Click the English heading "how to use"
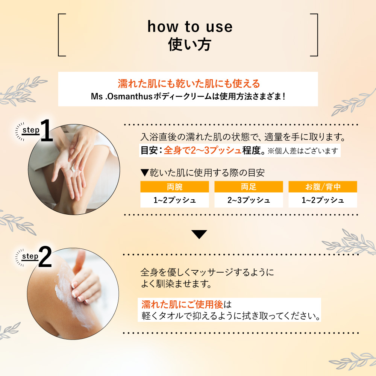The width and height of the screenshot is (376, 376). tap(190, 26)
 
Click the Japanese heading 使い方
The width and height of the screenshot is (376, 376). tap(190, 45)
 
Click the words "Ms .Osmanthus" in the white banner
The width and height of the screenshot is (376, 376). tap(121, 96)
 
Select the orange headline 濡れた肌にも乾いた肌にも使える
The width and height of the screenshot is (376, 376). tap(189, 83)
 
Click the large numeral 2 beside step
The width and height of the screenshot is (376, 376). tap(45, 257)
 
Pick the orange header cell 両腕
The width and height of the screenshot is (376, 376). tap(174, 187)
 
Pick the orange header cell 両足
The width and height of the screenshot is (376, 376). tap(249, 187)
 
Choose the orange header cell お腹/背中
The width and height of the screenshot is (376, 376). tap(323, 187)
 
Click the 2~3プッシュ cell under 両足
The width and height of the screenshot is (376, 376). tap(249, 200)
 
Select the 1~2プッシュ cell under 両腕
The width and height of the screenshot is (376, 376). tap(174, 200)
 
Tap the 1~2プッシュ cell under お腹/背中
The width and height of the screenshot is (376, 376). tap(323, 200)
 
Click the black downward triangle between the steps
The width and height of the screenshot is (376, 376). tap(199, 234)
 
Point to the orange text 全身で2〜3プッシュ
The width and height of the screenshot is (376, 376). tap(203, 151)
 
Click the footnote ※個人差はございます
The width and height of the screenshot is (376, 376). tap(303, 151)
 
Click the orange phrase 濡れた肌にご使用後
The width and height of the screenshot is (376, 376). tap(182, 305)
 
